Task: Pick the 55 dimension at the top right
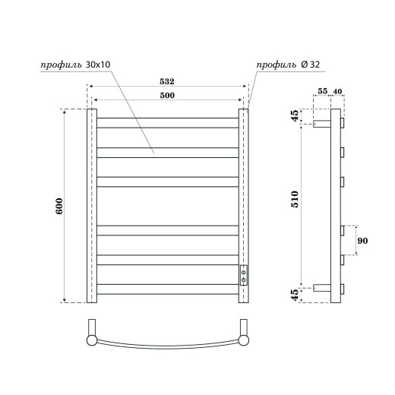point(322,91)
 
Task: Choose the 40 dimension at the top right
point(337,91)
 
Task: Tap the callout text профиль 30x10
point(76,65)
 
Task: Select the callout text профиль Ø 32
point(286,65)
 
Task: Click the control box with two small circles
point(244,274)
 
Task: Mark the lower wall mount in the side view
point(321,288)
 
